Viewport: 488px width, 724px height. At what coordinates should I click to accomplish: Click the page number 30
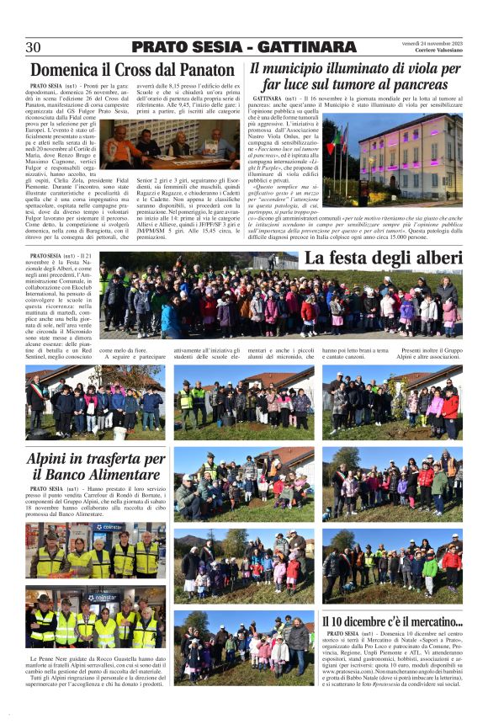click(x=34, y=47)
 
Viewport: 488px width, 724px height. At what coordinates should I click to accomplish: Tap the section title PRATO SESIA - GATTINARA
click(x=244, y=47)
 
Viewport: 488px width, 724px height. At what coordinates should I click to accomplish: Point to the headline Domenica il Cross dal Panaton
click(x=132, y=70)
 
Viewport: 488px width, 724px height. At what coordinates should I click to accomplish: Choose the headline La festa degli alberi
click(x=380, y=258)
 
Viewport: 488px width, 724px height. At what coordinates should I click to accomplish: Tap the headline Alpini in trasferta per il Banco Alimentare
click(x=96, y=468)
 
